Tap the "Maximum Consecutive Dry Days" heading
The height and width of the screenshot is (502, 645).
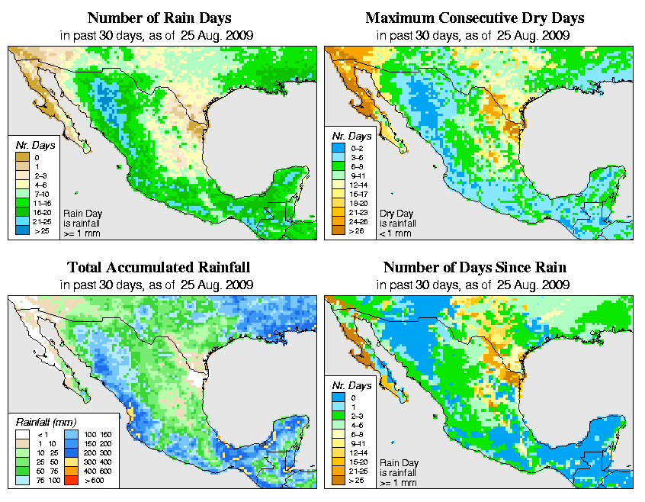pyautogui.click(x=475, y=18)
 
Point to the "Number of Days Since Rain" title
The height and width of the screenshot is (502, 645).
pyautogui.click(x=475, y=268)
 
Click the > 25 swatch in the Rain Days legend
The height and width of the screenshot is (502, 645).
pyautogui.click(x=24, y=229)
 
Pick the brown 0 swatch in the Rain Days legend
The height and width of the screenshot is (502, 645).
pyautogui.click(x=24, y=157)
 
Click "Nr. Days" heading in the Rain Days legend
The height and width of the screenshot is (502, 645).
pyautogui.click(x=31, y=145)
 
